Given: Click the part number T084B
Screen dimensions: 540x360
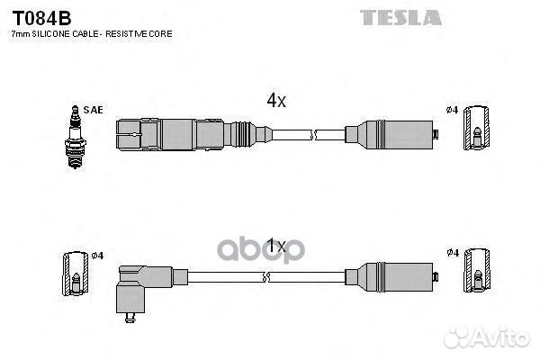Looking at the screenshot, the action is (x=41, y=18).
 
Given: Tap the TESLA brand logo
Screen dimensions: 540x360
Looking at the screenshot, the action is (x=400, y=18).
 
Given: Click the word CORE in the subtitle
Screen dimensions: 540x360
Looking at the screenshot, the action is (x=161, y=34).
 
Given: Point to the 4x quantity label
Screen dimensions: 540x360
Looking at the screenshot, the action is (x=276, y=100).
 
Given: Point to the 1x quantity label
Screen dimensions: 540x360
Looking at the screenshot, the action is (x=276, y=246).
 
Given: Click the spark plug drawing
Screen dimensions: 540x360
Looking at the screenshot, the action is (x=75, y=137).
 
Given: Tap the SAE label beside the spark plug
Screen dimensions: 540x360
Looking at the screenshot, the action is (x=93, y=110).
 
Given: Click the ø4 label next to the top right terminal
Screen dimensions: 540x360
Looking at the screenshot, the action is (x=452, y=110).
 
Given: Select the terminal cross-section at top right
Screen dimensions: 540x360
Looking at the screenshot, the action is (x=476, y=128).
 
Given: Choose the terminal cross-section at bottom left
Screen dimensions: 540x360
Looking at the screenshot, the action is (x=76, y=274).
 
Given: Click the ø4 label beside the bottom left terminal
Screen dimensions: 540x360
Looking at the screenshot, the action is (x=97, y=256).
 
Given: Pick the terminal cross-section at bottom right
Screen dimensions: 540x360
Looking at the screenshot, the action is (x=477, y=270).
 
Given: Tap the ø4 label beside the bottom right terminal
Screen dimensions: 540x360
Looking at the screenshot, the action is (x=453, y=253).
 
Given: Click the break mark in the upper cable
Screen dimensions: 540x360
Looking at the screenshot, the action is (x=313, y=135).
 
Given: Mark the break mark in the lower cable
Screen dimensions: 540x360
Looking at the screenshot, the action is (x=265, y=277).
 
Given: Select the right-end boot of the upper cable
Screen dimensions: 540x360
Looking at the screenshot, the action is (x=391, y=135).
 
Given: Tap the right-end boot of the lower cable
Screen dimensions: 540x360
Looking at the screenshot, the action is (x=391, y=277).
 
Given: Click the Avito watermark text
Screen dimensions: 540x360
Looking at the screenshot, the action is (x=486, y=337).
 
